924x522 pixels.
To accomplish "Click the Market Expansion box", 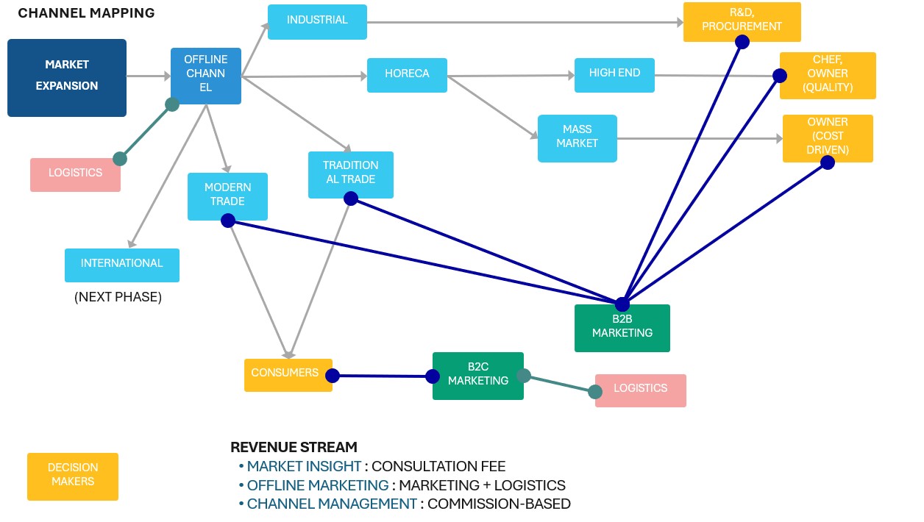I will [x=67, y=78].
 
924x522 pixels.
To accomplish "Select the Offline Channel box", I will [x=206, y=76].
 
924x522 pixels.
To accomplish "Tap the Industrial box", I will [x=317, y=22].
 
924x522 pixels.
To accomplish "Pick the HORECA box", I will [x=407, y=74].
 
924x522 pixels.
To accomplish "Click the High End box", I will [x=614, y=74].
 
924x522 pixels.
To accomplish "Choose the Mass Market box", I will [x=577, y=138].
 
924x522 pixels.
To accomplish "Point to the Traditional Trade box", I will [x=351, y=174].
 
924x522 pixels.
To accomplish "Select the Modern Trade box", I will [x=227, y=196].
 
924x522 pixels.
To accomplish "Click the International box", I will [x=122, y=265].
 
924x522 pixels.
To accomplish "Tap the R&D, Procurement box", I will [x=742, y=22].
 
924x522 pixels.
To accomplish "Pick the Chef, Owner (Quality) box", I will [x=828, y=75].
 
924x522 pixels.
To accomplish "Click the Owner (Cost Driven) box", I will [x=828, y=138].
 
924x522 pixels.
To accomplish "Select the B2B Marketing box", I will [x=622, y=328].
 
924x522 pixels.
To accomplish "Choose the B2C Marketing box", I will [x=478, y=376].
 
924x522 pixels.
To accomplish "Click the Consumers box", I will [x=288, y=375].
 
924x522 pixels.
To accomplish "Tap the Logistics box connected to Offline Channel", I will [x=75, y=174].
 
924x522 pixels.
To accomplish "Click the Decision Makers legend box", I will [x=73, y=476].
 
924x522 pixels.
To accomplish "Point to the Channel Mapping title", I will [x=86, y=13].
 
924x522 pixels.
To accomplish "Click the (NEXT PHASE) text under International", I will [x=118, y=298].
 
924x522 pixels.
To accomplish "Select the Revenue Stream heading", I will [x=294, y=447].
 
